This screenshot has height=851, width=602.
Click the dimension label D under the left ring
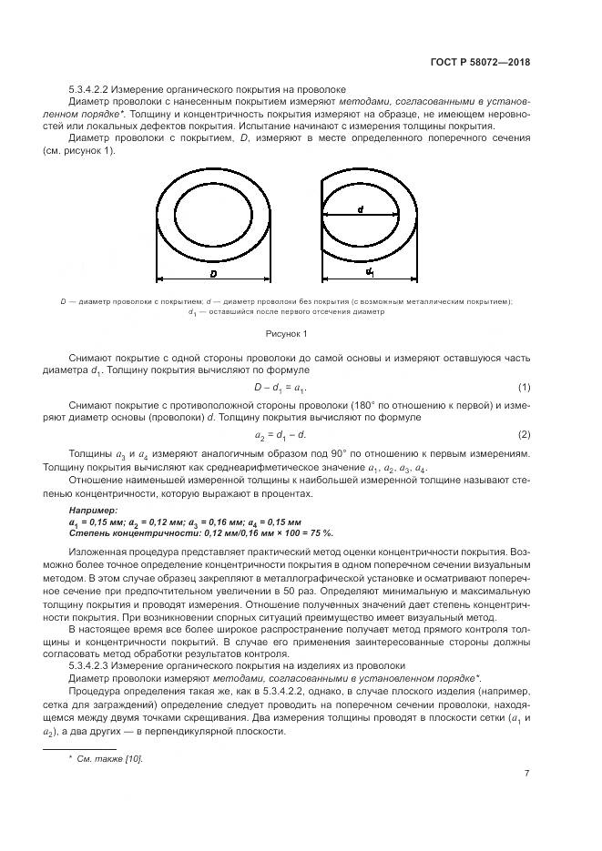(213, 273)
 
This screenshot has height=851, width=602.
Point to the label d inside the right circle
(361, 209)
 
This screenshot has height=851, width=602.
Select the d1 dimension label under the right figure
(370, 272)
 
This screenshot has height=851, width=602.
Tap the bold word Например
(93, 512)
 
